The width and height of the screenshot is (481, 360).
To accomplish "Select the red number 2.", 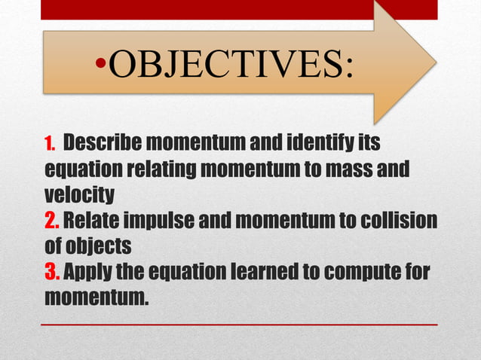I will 52,221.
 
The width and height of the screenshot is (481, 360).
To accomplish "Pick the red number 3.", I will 52,272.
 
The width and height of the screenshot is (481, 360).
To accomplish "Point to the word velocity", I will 80,195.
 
